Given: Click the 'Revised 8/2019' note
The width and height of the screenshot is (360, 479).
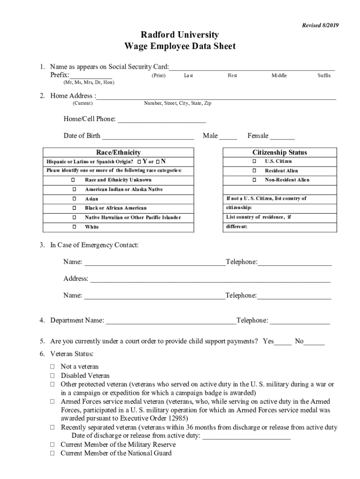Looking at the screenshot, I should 320,25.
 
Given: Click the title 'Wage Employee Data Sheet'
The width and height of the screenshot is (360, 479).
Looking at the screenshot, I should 180,46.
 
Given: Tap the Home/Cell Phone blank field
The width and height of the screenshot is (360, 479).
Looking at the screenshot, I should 161,119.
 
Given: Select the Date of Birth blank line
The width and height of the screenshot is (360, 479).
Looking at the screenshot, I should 148,136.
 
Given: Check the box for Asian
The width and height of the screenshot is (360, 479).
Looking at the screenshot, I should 74,199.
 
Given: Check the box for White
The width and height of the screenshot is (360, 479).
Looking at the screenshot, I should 74,227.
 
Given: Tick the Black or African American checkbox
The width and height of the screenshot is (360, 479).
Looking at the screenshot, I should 74,208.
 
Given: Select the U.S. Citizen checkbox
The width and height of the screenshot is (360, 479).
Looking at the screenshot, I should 254,161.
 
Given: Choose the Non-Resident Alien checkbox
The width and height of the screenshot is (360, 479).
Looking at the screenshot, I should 254,180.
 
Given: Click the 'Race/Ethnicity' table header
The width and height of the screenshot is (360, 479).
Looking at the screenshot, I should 118,152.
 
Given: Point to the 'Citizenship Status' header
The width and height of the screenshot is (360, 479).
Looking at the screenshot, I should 280,152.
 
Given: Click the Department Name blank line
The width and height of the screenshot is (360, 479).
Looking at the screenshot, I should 171,321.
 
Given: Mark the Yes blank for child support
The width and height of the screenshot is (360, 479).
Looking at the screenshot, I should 283,341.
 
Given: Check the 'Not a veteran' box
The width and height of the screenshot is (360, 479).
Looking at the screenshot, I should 53,367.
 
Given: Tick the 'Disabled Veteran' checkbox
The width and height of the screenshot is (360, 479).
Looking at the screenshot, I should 53,376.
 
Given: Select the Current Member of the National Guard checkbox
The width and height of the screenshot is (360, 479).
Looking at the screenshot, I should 53,453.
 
